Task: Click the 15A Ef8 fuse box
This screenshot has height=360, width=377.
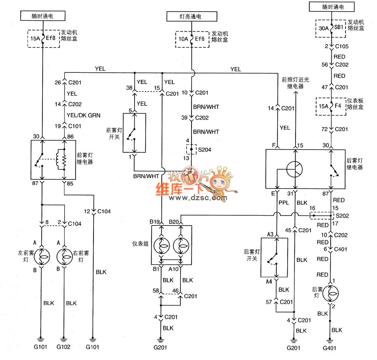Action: click(x=44, y=38)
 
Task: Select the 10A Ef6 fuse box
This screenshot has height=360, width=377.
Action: click(x=192, y=38)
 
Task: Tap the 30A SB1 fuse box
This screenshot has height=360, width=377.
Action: click(x=330, y=28)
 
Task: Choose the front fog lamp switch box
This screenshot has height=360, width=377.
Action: click(x=133, y=133)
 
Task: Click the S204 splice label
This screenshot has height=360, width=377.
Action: click(x=204, y=150)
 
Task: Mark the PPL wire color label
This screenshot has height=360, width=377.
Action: click(x=284, y=202)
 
